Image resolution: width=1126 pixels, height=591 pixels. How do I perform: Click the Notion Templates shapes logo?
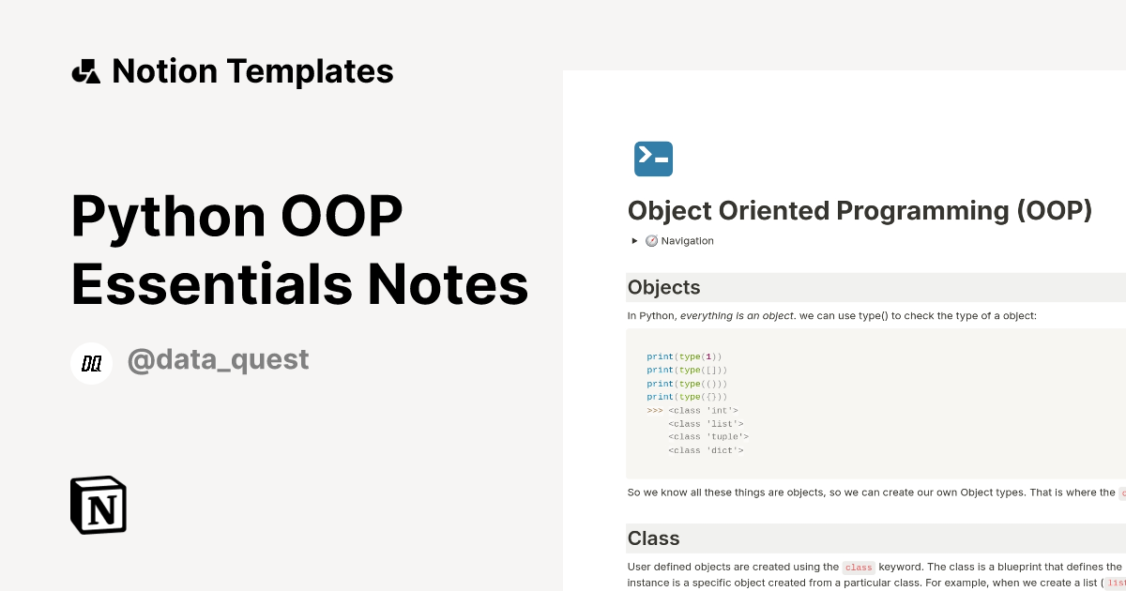pos(85,71)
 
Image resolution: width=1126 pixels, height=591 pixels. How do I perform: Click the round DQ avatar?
pos(92,363)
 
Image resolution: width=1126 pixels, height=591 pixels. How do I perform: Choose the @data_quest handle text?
pos(218,359)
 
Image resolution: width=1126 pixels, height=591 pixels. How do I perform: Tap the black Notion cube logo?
pos(99,505)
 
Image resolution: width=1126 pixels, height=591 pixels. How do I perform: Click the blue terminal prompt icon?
pos(653,159)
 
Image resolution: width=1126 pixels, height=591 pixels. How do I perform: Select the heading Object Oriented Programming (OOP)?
pos(860,210)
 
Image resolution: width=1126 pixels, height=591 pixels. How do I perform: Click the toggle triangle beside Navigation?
pos(635,241)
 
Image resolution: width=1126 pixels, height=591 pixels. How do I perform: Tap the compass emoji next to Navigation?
pos(651,241)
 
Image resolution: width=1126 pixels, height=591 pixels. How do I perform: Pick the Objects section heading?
pos(663,287)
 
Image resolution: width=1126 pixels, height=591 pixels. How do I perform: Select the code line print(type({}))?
pos(687,397)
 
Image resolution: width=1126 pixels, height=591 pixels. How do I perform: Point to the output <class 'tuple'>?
pos(708,436)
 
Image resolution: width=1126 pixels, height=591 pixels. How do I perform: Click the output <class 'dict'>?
pos(706,450)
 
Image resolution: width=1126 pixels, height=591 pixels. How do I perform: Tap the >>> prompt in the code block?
pos(654,410)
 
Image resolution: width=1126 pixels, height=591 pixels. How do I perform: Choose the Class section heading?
pos(653,538)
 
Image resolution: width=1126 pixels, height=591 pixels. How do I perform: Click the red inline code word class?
pos(859,568)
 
